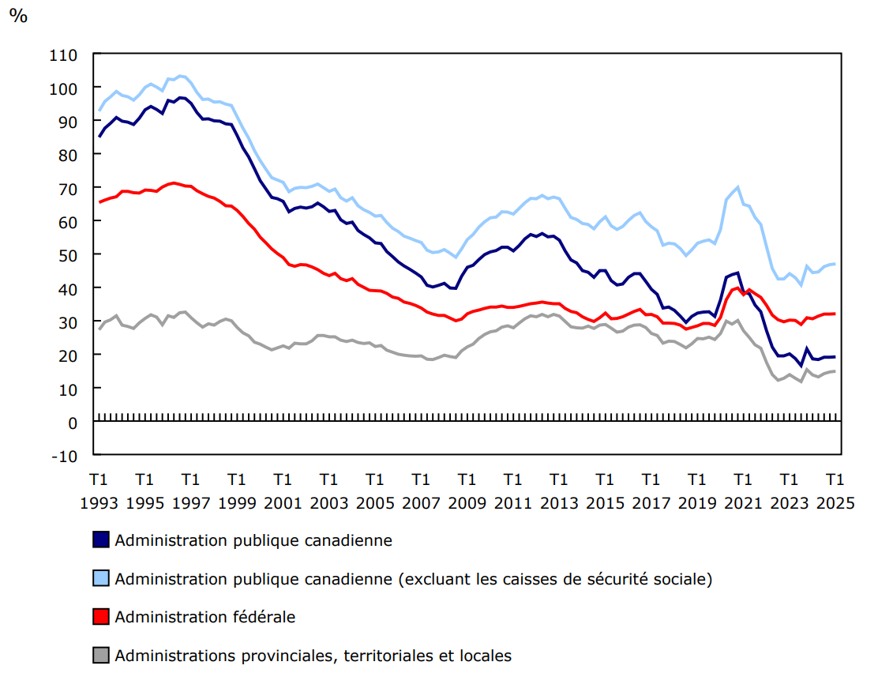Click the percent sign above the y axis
point(17,17)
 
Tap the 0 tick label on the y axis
point(73,423)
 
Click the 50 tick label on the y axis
point(68,255)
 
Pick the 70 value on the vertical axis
point(68,188)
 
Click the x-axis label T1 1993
point(99,491)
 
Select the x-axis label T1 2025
point(835,491)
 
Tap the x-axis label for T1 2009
point(467,491)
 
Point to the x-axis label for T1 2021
point(742,491)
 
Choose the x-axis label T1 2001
point(283,491)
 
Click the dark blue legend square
point(100,540)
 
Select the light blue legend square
point(100,579)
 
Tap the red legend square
point(100,617)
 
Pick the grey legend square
point(100,655)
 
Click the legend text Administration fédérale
point(204,617)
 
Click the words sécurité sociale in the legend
point(647,579)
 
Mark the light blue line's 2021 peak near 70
point(737,187)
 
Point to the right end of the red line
point(835,314)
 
